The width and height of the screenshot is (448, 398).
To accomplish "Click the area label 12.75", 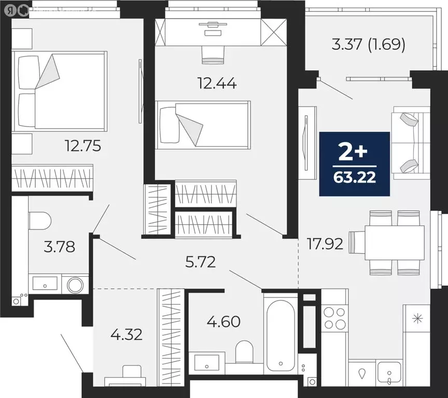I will [x=79, y=146].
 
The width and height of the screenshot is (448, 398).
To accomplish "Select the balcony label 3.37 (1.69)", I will [x=368, y=44].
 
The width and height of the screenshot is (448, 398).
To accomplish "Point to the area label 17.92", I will [x=325, y=243].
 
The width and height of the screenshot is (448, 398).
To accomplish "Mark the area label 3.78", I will [x=59, y=247].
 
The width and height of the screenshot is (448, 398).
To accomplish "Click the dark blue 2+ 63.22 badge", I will [x=354, y=164].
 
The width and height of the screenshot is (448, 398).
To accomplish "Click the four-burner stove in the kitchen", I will [x=334, y=318].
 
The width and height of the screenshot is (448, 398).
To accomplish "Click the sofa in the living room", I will [x=411, y=143].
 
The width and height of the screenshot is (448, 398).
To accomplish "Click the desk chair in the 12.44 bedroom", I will [x=212, y=54].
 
